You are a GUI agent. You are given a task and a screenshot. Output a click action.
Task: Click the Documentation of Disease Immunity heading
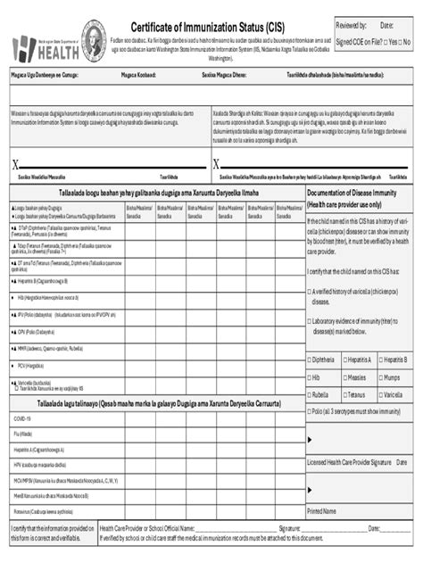352,192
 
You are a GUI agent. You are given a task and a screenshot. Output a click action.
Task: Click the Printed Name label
321,511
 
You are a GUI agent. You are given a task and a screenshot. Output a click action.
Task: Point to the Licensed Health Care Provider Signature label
349,462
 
